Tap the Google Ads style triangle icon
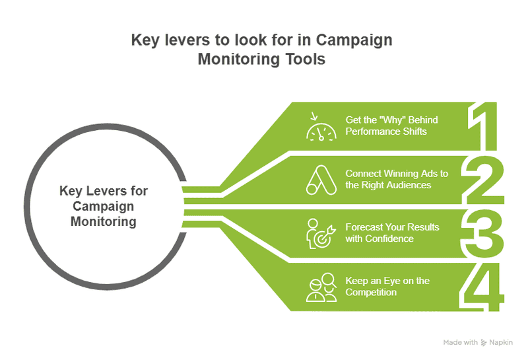pyautogui.click(x=321, y=179)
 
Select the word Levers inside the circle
pyautogui.click(x=106, y=192)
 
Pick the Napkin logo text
pyautogui.click(x=501, y=342)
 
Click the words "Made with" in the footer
pyautogui.click(x=460, y=342)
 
